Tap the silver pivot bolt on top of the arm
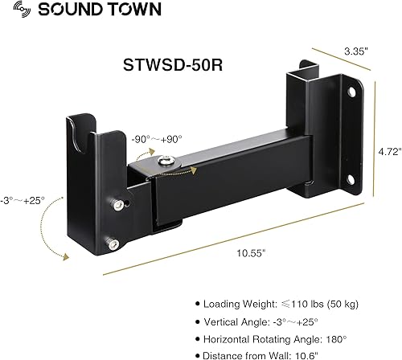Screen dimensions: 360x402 click(186, 162)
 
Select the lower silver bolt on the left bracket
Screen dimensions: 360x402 click(118, 243)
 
